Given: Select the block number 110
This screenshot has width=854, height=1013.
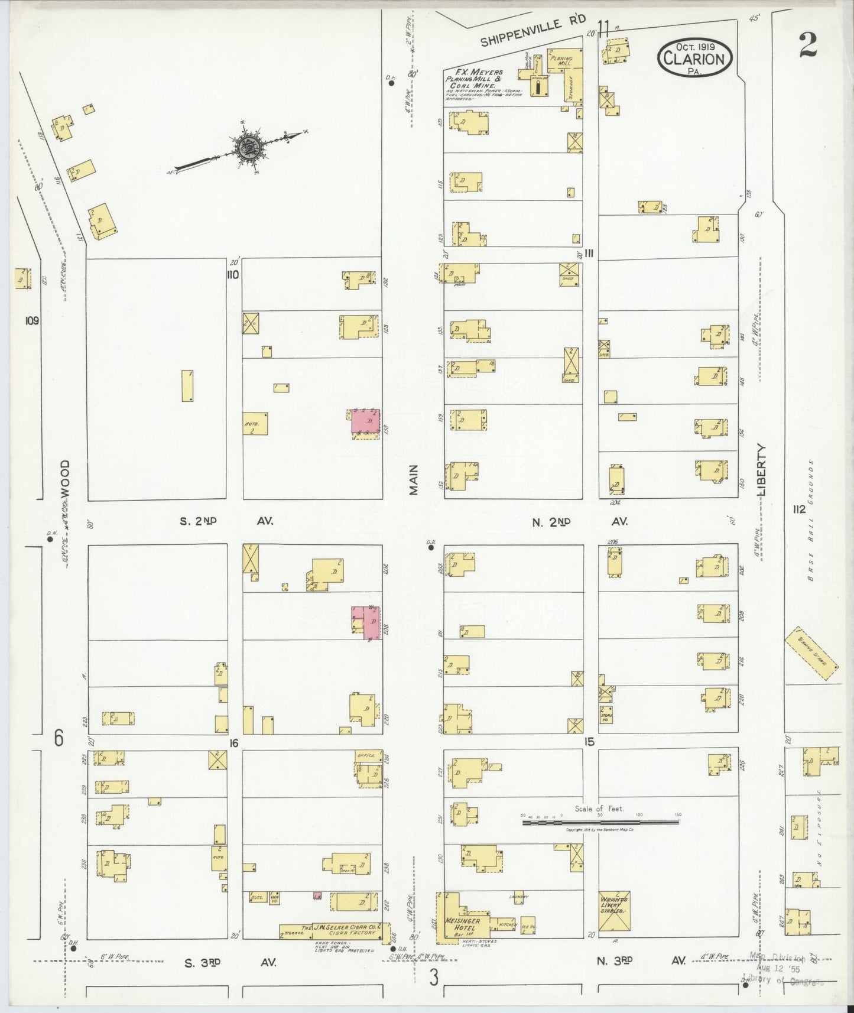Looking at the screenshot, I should (232, 274).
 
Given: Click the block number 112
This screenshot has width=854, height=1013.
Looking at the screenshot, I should (800, 509).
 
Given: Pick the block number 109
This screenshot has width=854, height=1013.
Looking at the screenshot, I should (32, 321).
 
